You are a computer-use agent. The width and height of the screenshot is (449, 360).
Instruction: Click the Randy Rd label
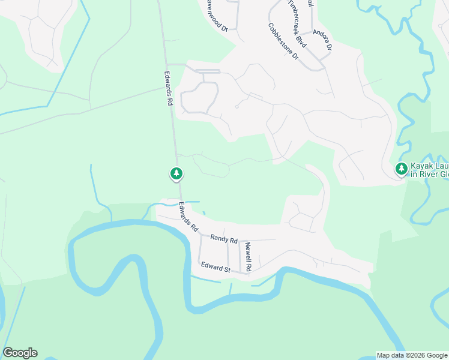click(224, 238)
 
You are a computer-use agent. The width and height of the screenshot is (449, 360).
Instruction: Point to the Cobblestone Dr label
click(283, 41)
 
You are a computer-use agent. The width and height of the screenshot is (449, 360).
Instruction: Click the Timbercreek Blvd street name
click(297, 24)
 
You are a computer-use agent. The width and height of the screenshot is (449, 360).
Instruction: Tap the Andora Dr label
click(322, 38)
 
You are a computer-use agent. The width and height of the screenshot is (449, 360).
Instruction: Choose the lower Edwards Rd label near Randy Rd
click(188, 217)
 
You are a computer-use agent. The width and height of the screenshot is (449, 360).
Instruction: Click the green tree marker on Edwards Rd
click(176, 174)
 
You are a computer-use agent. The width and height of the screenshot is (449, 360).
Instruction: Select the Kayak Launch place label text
click(429, 170)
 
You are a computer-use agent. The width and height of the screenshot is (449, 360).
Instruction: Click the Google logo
click(20, 353)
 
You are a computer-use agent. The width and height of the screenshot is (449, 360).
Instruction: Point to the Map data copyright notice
click(412, 355)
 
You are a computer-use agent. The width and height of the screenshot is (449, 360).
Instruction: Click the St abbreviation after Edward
click(228, 269)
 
